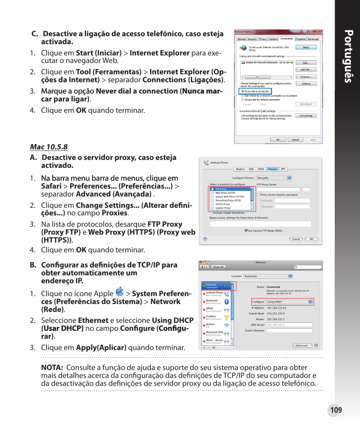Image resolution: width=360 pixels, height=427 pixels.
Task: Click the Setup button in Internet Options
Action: coord(306,48)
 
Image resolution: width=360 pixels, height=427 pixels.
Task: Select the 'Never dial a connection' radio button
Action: coord(242,91)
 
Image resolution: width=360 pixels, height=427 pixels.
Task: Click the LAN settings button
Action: coord(306,116)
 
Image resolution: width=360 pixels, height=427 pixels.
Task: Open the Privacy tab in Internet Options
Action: coord(263,39)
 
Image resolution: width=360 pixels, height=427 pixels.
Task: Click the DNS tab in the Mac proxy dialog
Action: coord(251,169)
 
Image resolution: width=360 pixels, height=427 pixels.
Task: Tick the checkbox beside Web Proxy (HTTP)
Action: coord(212,193)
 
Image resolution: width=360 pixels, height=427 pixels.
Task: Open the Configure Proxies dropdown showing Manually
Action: coord(274,178)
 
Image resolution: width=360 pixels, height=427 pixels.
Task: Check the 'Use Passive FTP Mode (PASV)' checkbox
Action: coord(246,230)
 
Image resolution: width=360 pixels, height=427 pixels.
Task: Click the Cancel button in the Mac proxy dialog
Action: coord(296,239)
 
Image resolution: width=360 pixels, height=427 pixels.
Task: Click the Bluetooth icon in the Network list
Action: coord(226,302)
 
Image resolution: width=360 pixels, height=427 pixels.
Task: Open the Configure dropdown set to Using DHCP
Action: coord(289,302)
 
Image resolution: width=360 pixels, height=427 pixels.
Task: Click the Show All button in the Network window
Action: coord(218,267)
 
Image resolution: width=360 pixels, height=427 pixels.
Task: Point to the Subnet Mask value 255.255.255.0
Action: coord(275,313)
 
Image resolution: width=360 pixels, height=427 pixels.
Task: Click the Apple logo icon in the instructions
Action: coord(120,292)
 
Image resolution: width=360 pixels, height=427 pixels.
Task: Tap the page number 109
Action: coord(335,410)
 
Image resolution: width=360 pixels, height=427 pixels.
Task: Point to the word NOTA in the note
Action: coord(52,368)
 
